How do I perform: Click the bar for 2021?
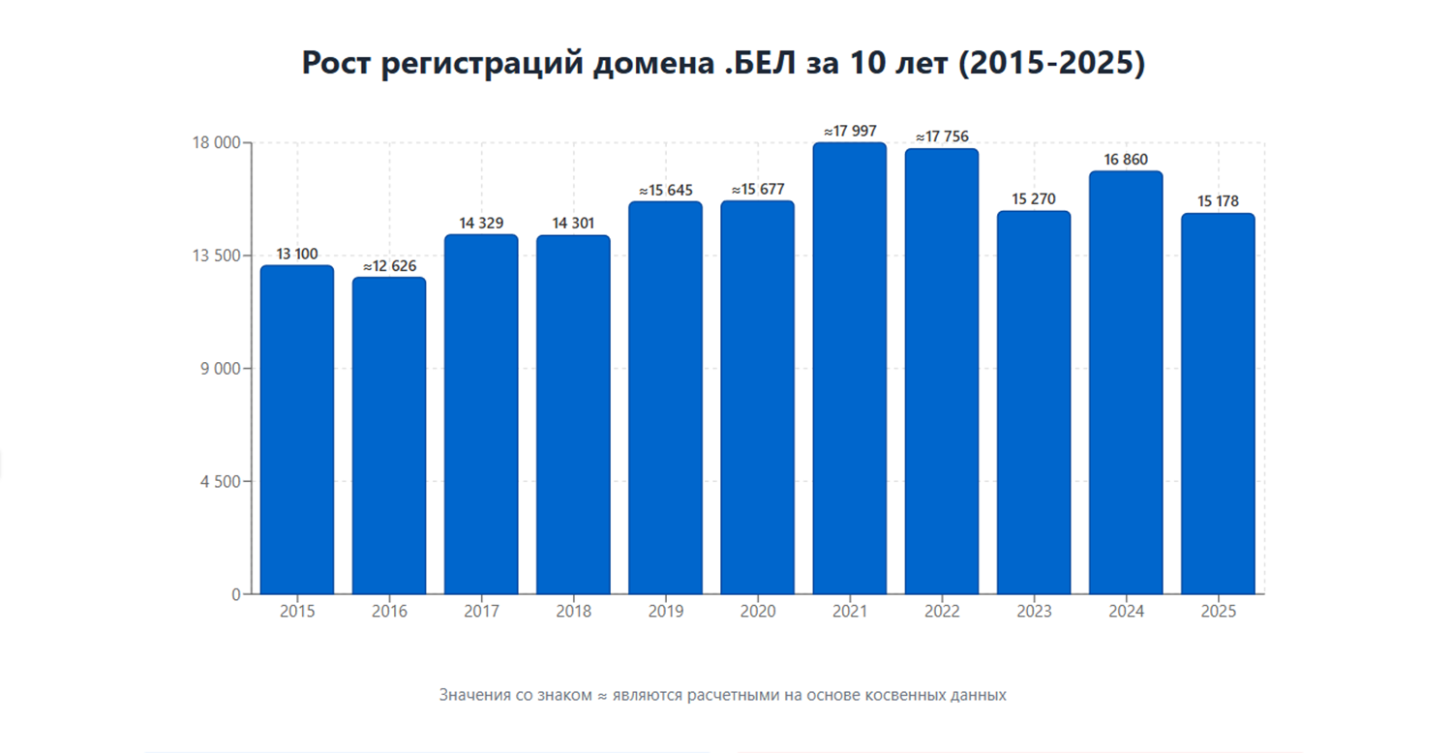point(849,368)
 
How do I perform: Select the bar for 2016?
point(389,436)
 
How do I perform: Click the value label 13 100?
point(297,255)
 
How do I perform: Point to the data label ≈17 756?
point(942,136)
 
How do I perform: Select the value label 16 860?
point(1126,160)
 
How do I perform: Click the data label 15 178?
point(1218,201)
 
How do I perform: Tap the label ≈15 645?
point(665,191)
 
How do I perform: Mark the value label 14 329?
point(481,224)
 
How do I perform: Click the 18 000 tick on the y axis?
point(218,143)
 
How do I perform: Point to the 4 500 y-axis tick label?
point(221,481)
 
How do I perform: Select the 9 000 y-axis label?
point(221,369)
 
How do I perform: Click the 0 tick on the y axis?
point(235,594)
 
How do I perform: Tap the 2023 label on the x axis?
point(1034,612)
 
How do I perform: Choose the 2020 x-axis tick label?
point(757,612)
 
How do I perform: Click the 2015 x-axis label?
point(297,612)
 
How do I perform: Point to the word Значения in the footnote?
point(474,695)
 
